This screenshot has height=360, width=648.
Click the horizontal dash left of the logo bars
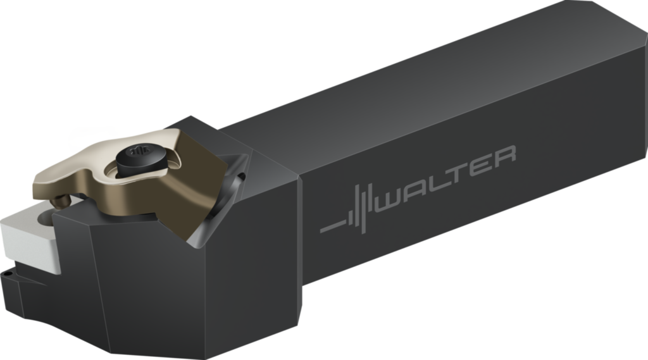[333, 226]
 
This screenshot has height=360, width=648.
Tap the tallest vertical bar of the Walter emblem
[363, 209]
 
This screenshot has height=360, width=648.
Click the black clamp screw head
[140, 160]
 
